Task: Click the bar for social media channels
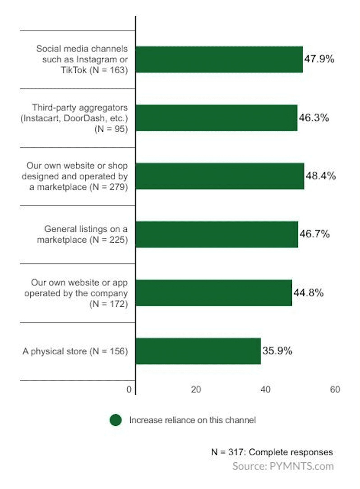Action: pyautogui.click(x=219, y=59)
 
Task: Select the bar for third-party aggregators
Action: pyautogui.click(x=216, y=118)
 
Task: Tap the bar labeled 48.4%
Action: pyautogui.click(x=220, y=176)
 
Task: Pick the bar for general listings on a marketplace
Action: pyautogui.click(x=217, y=234)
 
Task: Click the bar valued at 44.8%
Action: pyautogui.click(x=213, y=292)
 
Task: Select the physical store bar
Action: pyautogui.click(x=198, y=351)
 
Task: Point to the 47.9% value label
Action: pyautogui.click(x=319, y=59)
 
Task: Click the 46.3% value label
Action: pyautogui.click(x=314, y=118)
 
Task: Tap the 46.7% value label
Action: pyautogui.click(x=314, y=234)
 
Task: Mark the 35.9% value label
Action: pyautogui.click(x=277, y=351)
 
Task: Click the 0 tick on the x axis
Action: pyautogui.click(x=129, y=390)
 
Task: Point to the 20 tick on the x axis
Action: pyautogui.click(x=196, y=390)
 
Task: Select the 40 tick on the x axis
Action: pyautogui.click(x=265, y=390)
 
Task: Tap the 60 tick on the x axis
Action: pyautogui.click(x=335, y=390)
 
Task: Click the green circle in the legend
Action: pyautogui.click(x=116, y=420)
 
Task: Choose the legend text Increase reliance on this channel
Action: pyautogui.click(x=193, y=420)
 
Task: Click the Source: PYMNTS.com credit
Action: pyautogui.click(x=283, y=466)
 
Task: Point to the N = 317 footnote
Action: pyautogui.click(x=272, y=452)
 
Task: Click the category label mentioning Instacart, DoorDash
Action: pyautogui.click(x=80, y=118)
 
